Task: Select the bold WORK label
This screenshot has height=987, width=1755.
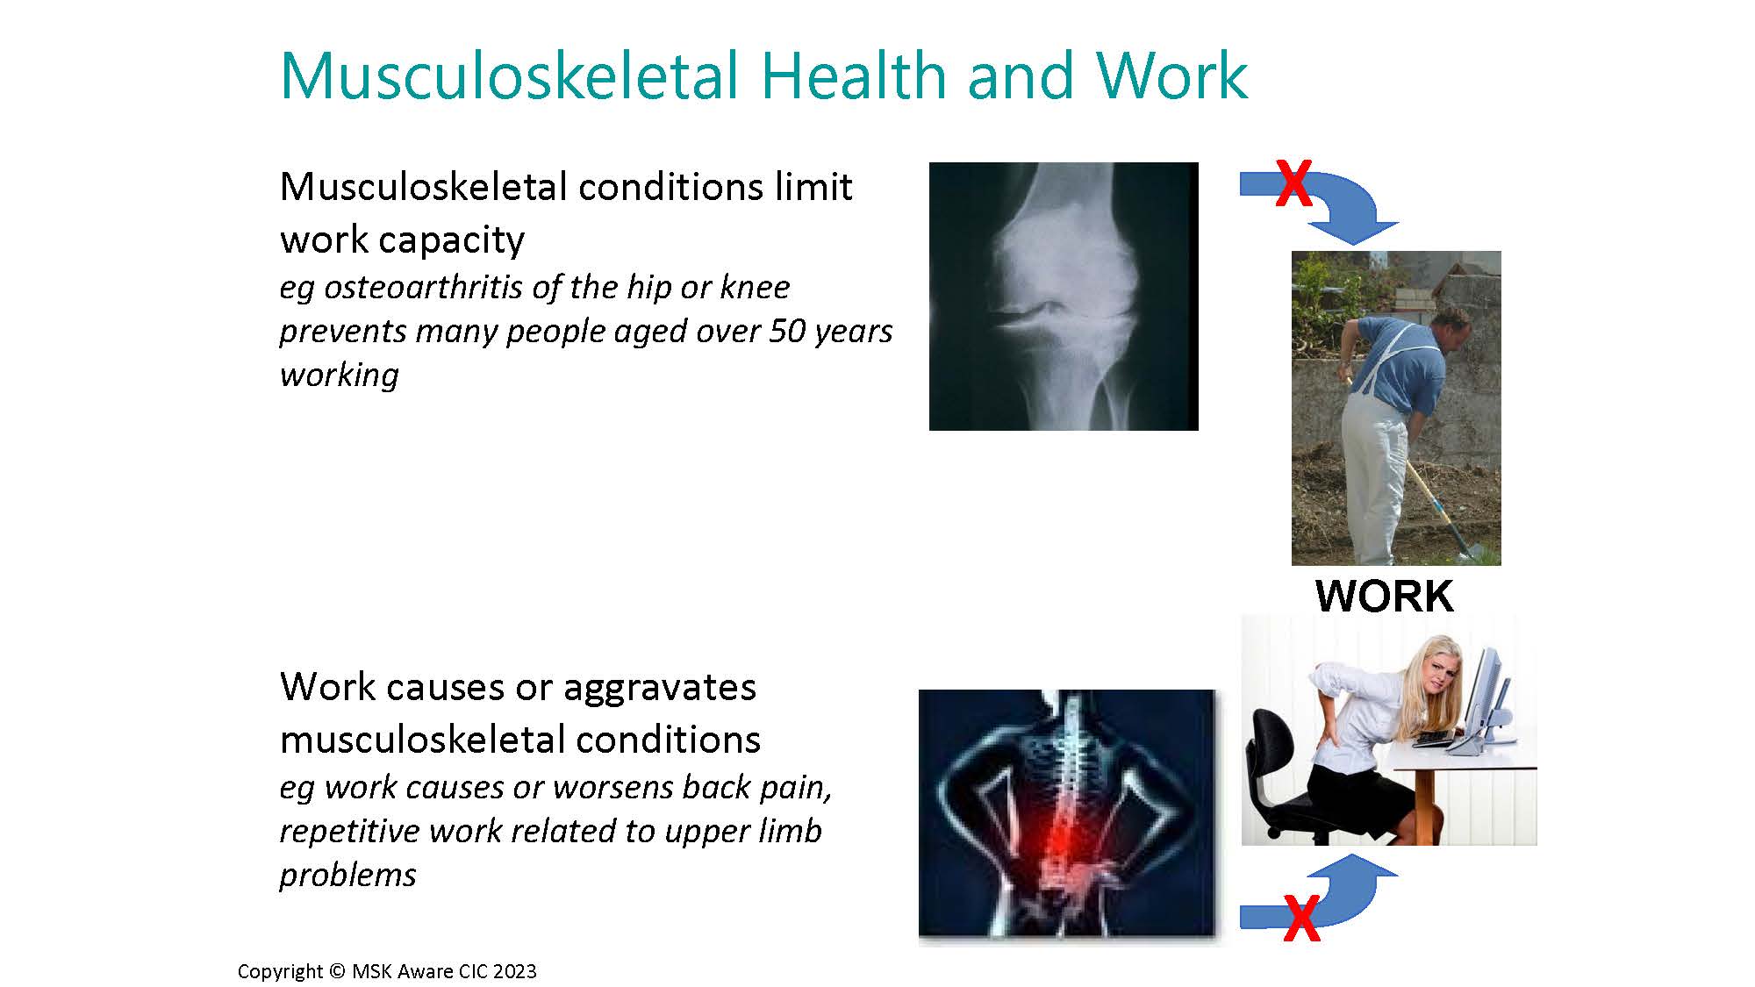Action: click(x=1384, y=597)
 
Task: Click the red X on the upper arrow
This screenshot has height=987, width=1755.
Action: click(x=1293, y=183)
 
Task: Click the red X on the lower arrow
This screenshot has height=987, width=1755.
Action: click(x=1300, y=919)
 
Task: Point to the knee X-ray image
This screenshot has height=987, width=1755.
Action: click(x=1063, y=296)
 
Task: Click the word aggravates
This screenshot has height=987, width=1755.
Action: click(x=659, y=687)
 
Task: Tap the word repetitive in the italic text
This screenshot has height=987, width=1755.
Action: click(x=349, y=831)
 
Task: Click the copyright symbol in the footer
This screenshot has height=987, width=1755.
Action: click(x=337, y=971)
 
